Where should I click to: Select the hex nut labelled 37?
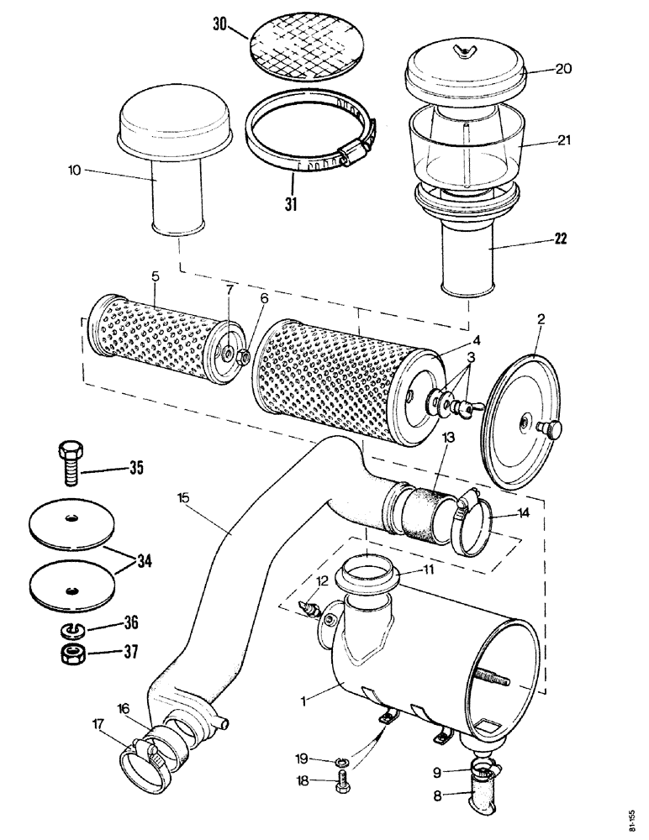point(71,654)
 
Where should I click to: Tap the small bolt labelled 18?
point(341,780)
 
